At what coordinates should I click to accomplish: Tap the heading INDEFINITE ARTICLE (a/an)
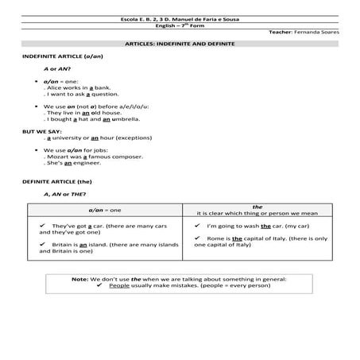(x=64, y=56)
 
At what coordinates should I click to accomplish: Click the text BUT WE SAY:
(x=43, y=130)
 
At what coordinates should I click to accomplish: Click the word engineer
(x=88, y=164)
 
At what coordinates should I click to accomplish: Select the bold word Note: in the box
(x=79, y=280)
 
